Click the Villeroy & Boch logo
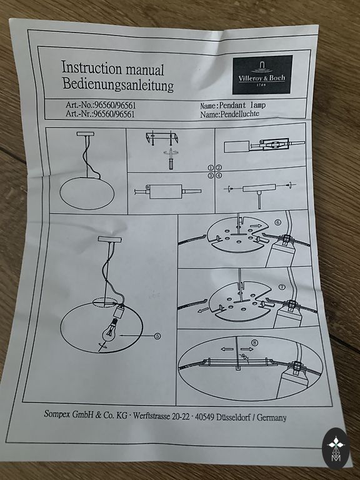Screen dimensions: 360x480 click(262, 75)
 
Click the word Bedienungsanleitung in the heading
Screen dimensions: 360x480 click(118, 84)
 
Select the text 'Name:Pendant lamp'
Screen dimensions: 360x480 click(232, 105)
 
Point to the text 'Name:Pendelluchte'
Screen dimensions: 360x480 click(229, 114)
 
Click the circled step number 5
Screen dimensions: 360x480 click(157, 336)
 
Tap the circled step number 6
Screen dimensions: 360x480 click(277, 222)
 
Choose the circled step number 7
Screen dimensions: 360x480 click(282, 287)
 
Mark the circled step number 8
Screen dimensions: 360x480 click(254, 342)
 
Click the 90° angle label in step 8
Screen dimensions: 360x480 click(244, 357)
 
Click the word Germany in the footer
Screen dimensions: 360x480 click(271, 417)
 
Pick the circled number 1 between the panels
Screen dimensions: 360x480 click(211, 167)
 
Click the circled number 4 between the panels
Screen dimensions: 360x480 click(219, 176)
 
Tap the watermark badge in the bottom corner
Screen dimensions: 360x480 click(336, 449)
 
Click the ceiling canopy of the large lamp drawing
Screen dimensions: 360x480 click(109, 239)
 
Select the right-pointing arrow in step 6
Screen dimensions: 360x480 click(256, 226)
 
